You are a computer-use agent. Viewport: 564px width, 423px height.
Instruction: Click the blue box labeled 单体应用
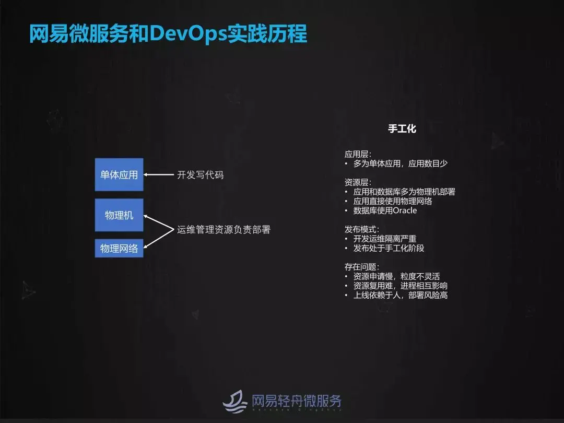pyautogui.click(x=119, y=174)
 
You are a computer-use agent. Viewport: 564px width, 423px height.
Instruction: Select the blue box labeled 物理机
pyautogui.click(x=119, y=215)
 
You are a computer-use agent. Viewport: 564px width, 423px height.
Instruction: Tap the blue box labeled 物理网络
pyautogui.click(x=119, y=248)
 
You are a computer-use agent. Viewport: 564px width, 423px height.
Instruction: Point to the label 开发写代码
pyautogui.click(x=200, y=175)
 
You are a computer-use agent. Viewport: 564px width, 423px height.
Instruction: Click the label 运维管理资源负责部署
pyautogui.click(x=224, y=229)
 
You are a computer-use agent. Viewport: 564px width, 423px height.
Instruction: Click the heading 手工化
pyautogui.click(x=402, y=128)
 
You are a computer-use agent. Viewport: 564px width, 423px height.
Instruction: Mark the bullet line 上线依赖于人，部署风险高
pyautogui.click(x=400, y=295)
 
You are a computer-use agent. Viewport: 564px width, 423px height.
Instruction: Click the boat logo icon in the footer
pyautogui.click(x=235, y=401)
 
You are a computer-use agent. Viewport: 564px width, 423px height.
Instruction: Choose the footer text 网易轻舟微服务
pyautogui.click(x=296, y=401)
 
